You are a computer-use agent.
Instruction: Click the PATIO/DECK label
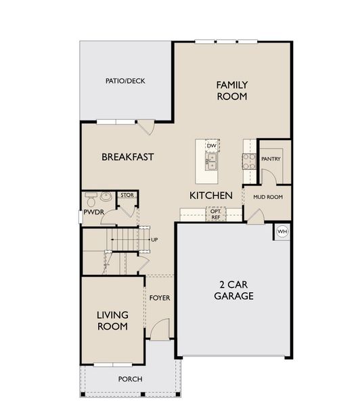tap(125, 81)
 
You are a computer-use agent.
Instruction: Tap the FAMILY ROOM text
tap(232, 91)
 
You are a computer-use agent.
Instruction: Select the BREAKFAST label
tap(128, 157)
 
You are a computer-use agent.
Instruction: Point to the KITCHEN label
tap(211, 195)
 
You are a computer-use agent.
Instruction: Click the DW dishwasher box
tap(212, 145)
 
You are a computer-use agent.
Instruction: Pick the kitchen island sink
tap(212, 161)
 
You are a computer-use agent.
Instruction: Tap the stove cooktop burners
tap(249, 161)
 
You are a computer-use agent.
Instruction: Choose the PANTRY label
tap(271, 160)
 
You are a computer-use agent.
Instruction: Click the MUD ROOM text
tap(267, 197)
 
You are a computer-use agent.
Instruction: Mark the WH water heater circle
tap(282, 231)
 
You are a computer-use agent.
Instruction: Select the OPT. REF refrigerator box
tap(216, 214)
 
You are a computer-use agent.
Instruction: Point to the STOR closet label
tap(127, 196)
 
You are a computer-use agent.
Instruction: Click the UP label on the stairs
tap(154, 240)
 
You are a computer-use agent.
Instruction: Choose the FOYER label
tap(160, 298)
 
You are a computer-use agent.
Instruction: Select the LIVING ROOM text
tap(112, 320)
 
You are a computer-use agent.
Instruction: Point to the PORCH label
tap(130, 379)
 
